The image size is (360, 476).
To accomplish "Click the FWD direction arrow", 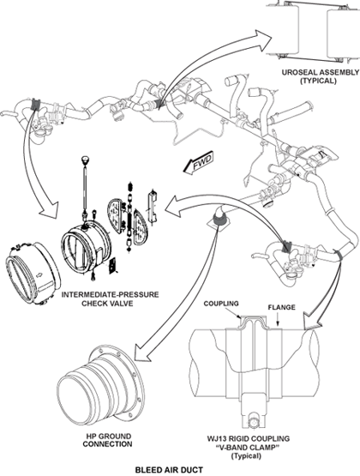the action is pyautogui.click(x=199, y=163).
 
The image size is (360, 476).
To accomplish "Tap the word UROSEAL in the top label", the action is pyautogui.click(x=297, y=73).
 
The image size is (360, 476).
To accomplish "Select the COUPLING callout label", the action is pyautogui.click(x=221, y=304).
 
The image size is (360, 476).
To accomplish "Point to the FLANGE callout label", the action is pyautogui.click(x=281, y=308).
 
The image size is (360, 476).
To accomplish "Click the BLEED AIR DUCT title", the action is pyautogui.click(x=169, y=470).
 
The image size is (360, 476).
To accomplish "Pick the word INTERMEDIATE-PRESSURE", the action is pyautogui.click(x=110, y=294).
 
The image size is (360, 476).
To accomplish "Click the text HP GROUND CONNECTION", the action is pyautogui.click(x=107, y=440).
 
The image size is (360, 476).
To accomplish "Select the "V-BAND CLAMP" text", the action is pyautogui.click(x=247, y=448).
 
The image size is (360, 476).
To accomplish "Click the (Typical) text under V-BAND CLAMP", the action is pyautogui.click(x=246, y=456).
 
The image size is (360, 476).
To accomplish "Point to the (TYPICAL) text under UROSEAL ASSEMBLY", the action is pyautogui.click(x=318, y=81).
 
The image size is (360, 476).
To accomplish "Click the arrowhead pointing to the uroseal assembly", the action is pyautogui.click(x=262, y=40).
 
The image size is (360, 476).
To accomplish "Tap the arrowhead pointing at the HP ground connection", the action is pyautogui.click(x=142, y=353).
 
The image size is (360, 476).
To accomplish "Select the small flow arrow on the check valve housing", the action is pyautogui.click(x=39, y=275).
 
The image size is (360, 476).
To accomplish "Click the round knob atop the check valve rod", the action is pyautogui.click(x=85, y=159).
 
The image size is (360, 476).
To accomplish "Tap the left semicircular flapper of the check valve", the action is pyautogui.click(x=117, y=216).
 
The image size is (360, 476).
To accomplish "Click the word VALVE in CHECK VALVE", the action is pyautogui.click(x=122, y=304).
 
